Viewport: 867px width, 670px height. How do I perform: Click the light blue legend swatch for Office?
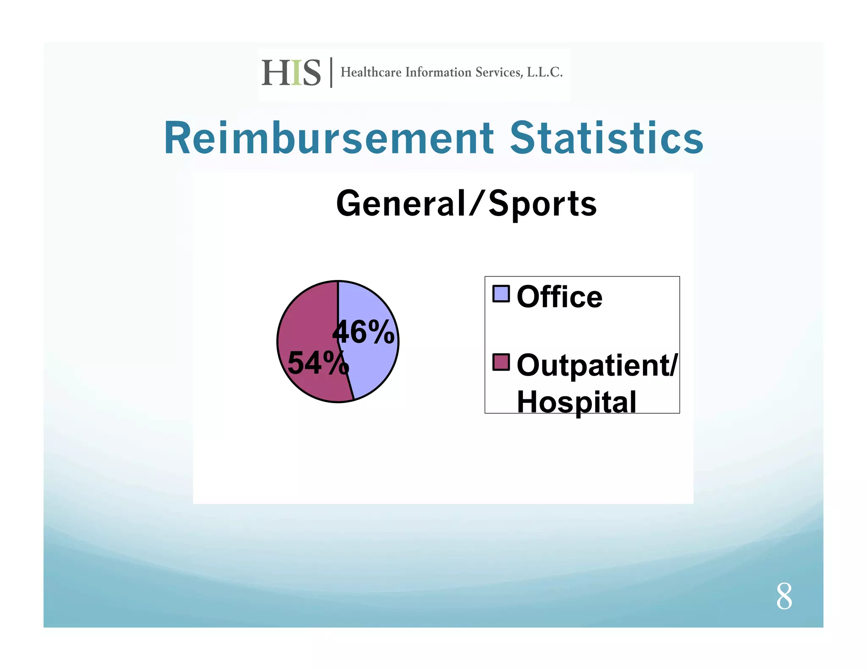pyautogui.click(x=501, y=294)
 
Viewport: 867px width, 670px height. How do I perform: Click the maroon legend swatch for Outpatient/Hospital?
pyautogui.click(x=501, y=362)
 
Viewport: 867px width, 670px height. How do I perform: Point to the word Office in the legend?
pyautogui.click(x=559, y=297)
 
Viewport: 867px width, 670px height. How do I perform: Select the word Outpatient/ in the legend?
pyautogui.click(x=597, y=365)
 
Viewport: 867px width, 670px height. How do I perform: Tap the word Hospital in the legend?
pyautogui.click(x=576, y=401)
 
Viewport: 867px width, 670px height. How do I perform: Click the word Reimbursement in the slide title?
pyautogui.click(x=329, y=138)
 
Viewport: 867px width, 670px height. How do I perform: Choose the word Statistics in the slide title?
pyautogui.click(x=606, y=138)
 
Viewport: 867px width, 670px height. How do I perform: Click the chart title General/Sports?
pyautogui.click(x=466, y=204)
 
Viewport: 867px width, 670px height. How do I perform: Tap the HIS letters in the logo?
pyautogui.click(x=291, y=73)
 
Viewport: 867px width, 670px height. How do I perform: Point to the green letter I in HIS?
pyautogui.click(x=296, y=73)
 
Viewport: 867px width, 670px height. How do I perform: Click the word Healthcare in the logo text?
pyautogui.click(x=371, y=72)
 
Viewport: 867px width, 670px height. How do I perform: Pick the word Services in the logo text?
pyautogui.click(x=499, y=72)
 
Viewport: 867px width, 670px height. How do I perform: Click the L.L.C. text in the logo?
pyautogui.click(x=544, y=72)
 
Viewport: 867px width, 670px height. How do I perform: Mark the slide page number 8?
pyautogui.click(x=784, y=596)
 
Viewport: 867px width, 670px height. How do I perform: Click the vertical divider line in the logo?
pyautogui.click(x=331, y=72)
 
